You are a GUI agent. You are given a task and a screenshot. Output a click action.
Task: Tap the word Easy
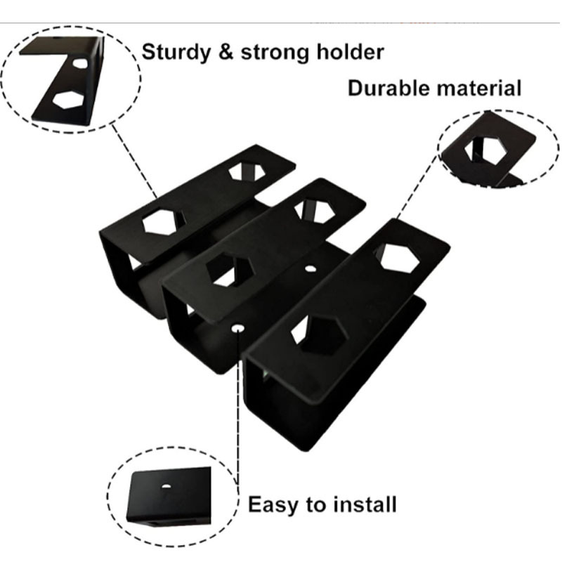[275, 504]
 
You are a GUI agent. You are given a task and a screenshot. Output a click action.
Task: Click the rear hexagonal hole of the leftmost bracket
[245, 170]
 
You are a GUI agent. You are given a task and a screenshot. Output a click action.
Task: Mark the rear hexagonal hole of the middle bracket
[313, 210]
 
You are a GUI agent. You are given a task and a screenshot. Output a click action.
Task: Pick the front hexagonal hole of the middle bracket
[229, 270]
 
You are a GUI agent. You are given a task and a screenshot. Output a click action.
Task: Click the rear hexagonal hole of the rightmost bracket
[398, 259]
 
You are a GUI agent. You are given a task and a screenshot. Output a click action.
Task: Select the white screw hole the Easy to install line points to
[239, 327]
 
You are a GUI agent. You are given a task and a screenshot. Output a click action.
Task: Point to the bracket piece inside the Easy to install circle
[169, 495]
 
